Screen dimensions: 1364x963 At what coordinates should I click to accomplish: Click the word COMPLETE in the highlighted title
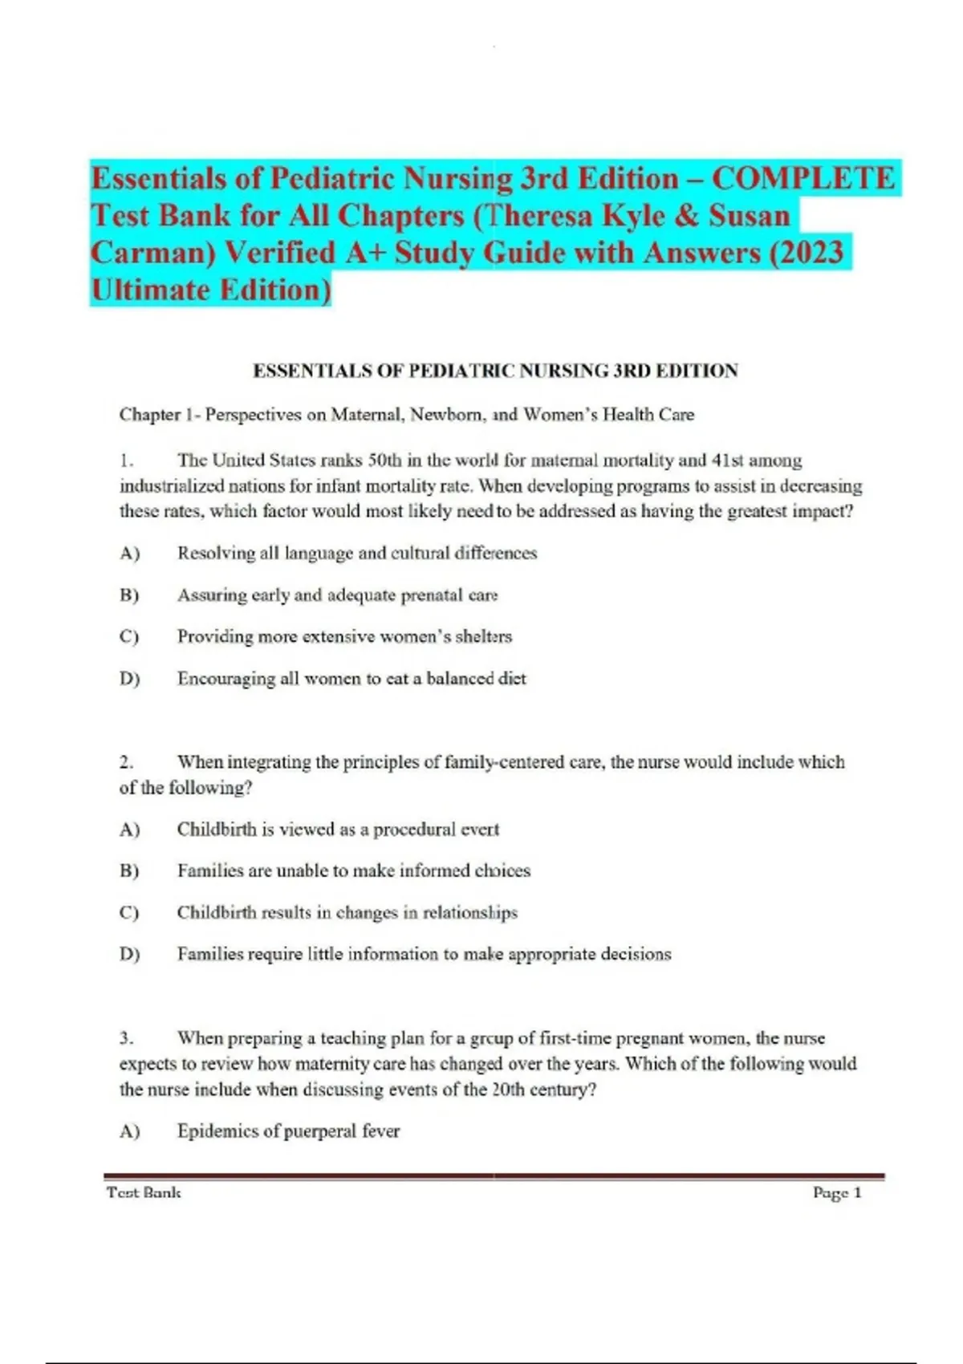tap(803, 178)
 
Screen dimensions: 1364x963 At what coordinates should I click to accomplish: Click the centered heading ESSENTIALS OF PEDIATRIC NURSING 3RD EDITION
tap(495, 371)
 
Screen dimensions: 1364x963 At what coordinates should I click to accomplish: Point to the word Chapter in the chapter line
tap(150, 415)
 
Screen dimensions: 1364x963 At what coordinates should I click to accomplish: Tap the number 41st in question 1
tap(719, 461)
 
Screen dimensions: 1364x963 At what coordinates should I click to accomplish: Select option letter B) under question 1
tap(129, 595)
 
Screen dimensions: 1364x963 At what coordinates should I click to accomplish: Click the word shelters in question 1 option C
tap(483, 636)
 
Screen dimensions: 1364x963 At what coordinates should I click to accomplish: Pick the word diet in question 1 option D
tap(511, 679)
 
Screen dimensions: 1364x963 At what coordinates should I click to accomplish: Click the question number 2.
tap(126, 762)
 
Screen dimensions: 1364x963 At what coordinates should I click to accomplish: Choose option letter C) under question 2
tap(129, 913)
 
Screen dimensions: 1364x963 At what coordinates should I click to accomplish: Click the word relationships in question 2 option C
tap(469, 913)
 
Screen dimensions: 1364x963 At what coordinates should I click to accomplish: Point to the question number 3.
tap(126, 1038)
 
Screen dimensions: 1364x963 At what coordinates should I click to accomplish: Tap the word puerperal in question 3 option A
tap(319, 1131)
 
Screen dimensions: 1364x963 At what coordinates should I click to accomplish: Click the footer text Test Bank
tap(144, 1193)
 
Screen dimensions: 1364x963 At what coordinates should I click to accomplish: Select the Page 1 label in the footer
tap(837, 1193)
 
